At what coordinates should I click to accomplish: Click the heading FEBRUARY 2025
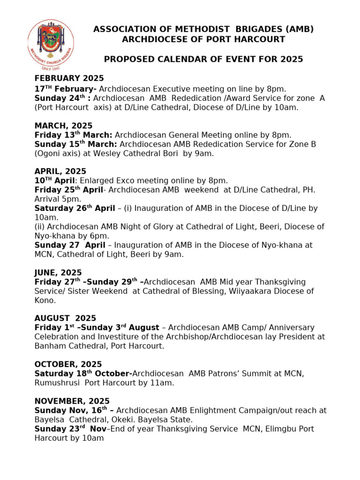pos(69,78)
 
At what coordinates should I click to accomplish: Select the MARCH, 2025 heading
pos(63,126)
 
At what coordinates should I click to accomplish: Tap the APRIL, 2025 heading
pos(60,172)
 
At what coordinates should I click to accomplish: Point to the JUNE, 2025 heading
pos(58,272)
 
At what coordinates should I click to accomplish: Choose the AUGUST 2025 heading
pos(65,318)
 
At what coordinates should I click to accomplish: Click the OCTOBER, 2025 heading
pos(68,364)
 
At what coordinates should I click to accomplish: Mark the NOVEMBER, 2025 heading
pos(72,401)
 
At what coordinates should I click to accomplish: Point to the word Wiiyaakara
pos(258,291)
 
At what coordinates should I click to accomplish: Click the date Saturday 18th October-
pos(83,374)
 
